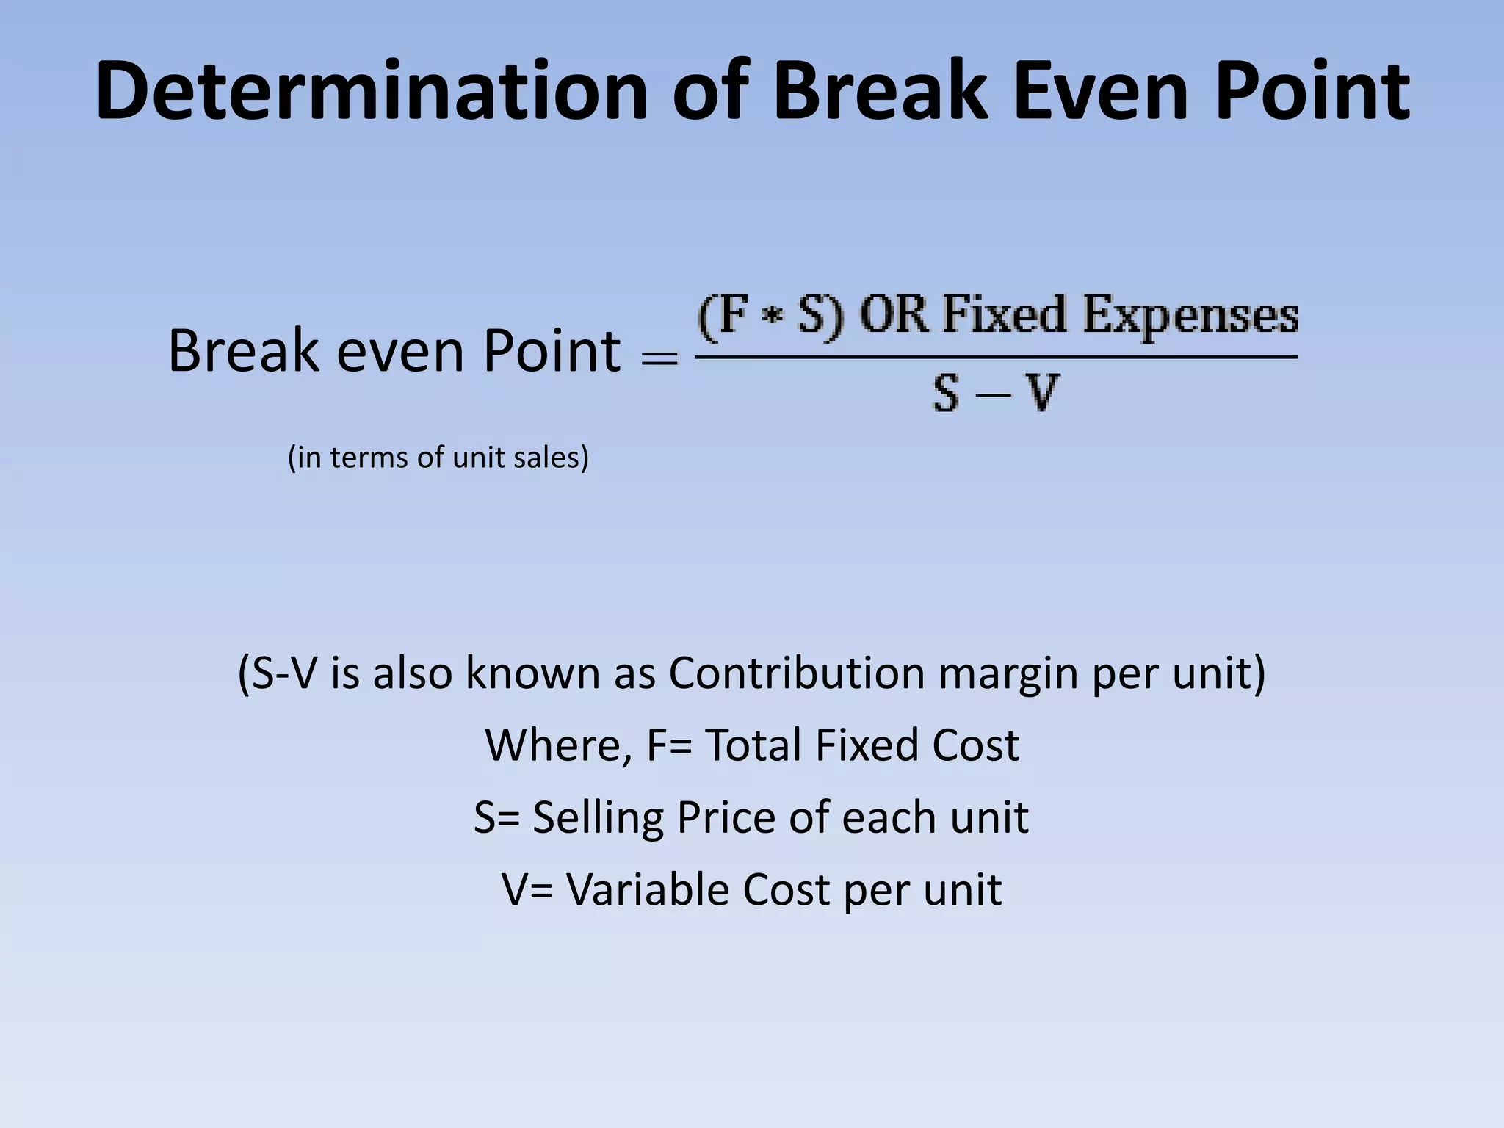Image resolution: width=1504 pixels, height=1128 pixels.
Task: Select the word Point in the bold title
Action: tap(1312, 92)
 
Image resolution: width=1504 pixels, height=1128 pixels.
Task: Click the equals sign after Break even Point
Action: tap(659, 358)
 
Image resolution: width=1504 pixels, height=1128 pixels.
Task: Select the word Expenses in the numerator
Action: tap(1190, 317)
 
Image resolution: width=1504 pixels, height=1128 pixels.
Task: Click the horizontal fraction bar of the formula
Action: tap(996, 358)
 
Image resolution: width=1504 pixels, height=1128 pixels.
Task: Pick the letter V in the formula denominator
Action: tap(1042, 394)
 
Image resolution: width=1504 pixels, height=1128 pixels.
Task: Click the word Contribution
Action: tap(796, 673)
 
